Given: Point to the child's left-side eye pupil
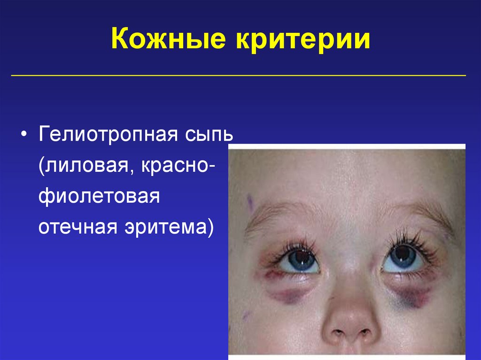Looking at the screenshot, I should click(299, 258).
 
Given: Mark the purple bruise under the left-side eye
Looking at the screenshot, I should click(287, 295).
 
